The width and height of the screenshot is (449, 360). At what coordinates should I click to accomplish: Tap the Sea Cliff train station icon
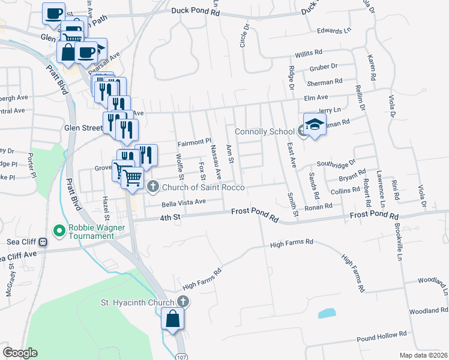pos(43,242)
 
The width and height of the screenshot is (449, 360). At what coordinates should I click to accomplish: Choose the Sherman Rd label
pos(325,82)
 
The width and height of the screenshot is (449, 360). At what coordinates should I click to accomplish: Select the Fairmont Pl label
pos(195,143)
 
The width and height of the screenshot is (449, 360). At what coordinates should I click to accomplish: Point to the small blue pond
pos(325,313)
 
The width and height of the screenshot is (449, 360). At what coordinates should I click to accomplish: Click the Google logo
pos(20,353)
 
